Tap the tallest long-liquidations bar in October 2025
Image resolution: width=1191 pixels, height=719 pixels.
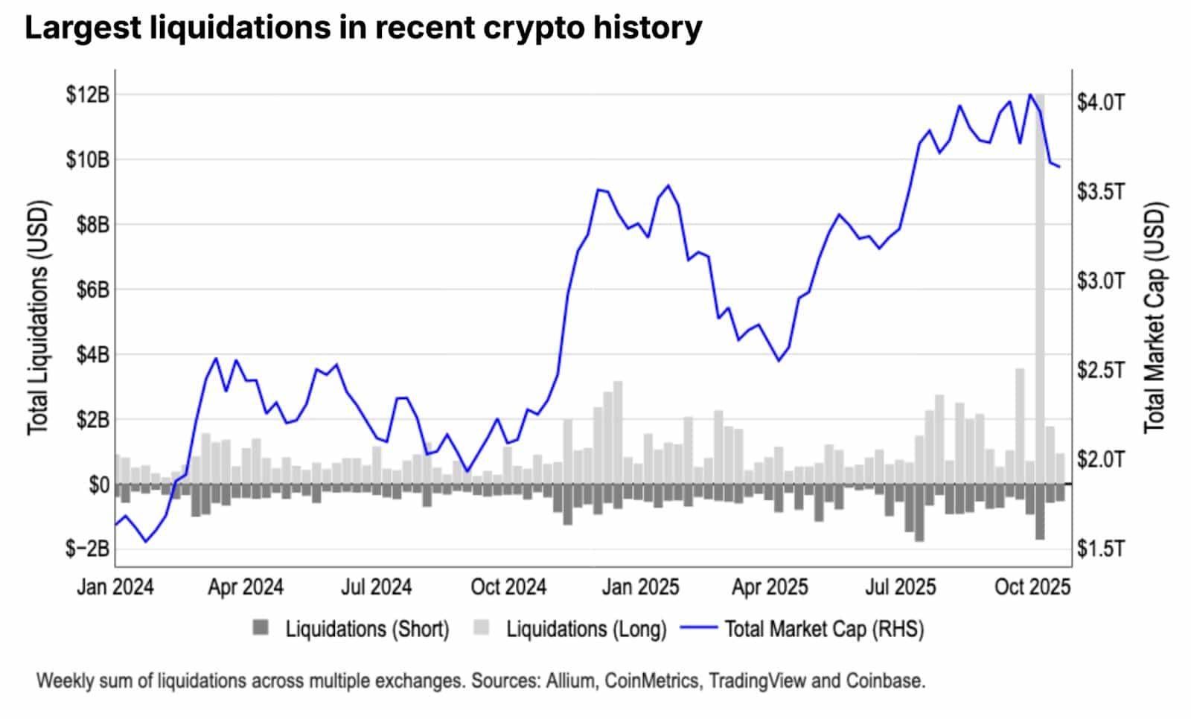[1040, 298]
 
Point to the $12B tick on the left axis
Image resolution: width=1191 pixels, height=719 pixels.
[88, 95]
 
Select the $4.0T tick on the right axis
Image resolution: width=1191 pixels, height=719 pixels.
[1101, 102]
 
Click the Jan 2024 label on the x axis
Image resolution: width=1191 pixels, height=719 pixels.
[115, 587]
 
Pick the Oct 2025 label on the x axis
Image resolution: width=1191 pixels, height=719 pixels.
[1032, 587]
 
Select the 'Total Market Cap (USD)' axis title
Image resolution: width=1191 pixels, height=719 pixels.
[1155, 318]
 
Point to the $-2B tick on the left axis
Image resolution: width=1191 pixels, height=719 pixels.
[88, 549]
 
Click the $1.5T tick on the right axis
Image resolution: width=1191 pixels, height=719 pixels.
[1101, 549]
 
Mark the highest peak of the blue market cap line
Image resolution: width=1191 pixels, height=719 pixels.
[1030, 95]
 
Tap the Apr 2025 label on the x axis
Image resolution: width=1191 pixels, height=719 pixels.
[770, 587]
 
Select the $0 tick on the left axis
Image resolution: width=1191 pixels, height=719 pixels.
[99, 485]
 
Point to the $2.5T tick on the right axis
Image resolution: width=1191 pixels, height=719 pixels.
[1101, 371]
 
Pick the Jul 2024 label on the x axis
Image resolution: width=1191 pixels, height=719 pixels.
[376, 587]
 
